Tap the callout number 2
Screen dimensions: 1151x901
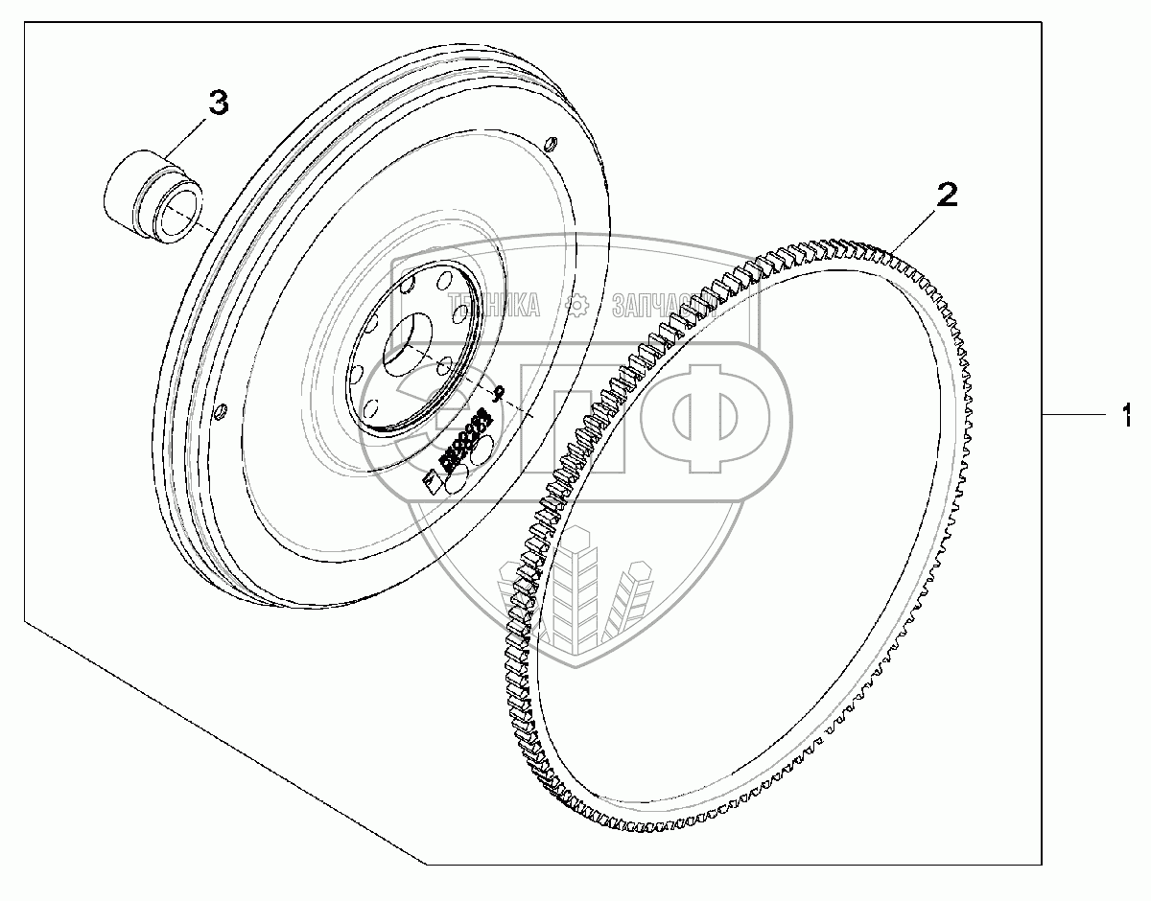point(946,196)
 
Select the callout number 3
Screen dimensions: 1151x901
point(219,103)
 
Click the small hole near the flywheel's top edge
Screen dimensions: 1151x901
point(550,146)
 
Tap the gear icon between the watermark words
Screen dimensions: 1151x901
point(576,306)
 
